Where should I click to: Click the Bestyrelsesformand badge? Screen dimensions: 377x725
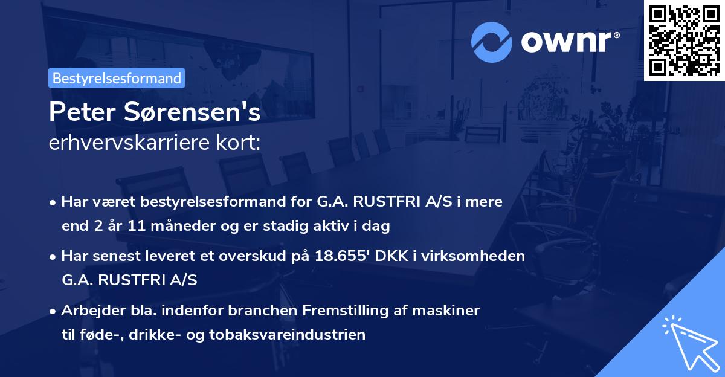tap(117, 78)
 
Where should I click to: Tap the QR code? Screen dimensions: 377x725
tap(684, 40)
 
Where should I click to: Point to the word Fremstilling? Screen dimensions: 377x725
tap(333, 311)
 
